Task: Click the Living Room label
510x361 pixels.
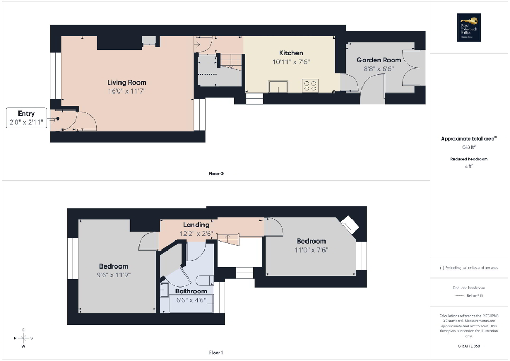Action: (x=127, y=82)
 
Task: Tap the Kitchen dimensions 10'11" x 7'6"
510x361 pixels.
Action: (x=291, y=62)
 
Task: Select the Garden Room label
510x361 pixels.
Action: (x=378, y=60)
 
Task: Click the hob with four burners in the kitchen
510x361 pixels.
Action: (x=310, y=85)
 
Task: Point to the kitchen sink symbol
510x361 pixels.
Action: (x=277, y=86)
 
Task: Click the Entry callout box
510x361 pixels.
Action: (x=26, y=118)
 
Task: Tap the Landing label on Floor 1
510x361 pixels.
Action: (x=196, y=225)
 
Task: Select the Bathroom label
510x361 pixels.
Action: (x=191, y=291)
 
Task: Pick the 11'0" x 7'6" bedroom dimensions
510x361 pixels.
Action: (x=311, y=250)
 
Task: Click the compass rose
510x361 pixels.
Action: (x=23, y=338)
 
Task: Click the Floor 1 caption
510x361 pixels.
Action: (x=216, y=353)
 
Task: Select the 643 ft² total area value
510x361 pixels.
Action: (x=469, y=147)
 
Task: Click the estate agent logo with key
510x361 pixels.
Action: (x=469, y=27)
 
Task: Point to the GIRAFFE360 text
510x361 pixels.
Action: (x=469, y=346)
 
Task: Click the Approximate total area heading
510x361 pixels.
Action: (x=468, y=138)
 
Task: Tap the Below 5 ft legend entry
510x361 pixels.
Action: (x=469, y=295)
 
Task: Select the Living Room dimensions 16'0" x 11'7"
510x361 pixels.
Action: (x=127, y=91)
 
